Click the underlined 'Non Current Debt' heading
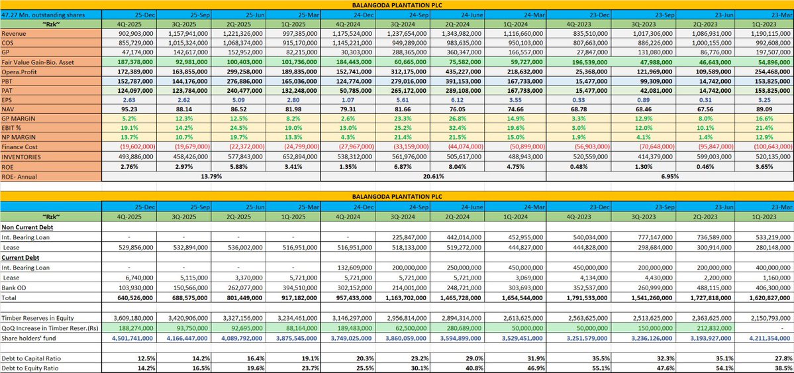click(28, 226)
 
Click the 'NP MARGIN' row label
click(22, 135)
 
